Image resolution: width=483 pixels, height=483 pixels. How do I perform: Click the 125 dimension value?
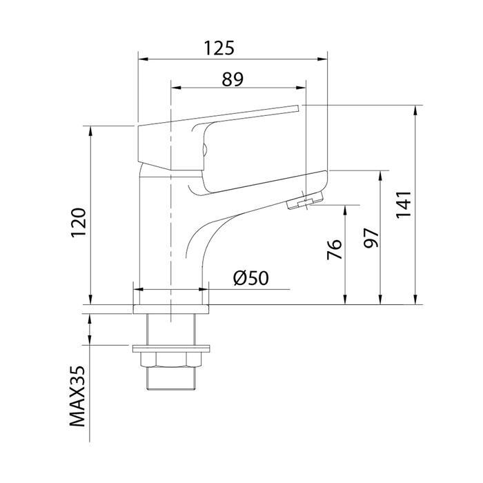point(219,48)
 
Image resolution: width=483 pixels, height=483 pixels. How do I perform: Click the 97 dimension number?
point(371,237)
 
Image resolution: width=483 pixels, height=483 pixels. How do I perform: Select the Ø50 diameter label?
point(250,279)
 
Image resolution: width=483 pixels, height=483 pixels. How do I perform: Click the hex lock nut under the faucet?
point(169,360)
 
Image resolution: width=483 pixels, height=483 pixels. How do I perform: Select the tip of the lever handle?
point(297,107)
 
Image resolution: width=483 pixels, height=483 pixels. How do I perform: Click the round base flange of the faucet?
point(169,297)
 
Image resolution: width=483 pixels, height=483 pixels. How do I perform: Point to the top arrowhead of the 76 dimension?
point(344,208)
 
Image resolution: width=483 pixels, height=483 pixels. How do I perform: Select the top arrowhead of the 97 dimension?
point(380,174)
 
